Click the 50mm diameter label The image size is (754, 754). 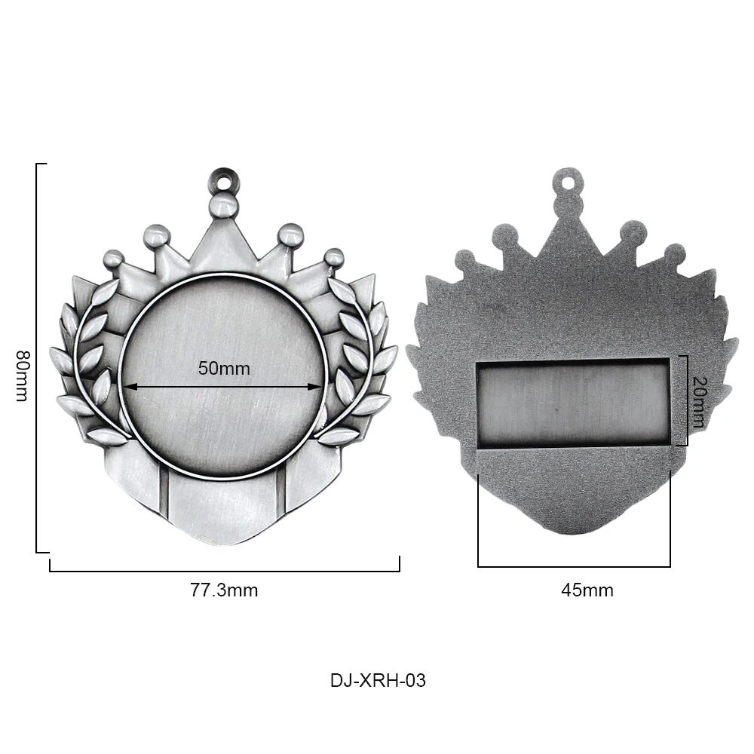click(223, 369)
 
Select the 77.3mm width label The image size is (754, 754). click(223, 590)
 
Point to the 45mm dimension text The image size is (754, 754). click(587, 590)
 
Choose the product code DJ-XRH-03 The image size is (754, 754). click(378, 680)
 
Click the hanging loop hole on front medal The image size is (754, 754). click(222, 180)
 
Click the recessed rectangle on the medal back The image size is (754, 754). click(573, 403)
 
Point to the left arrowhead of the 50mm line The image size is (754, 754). click(128, 387)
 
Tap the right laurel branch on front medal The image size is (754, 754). click(358, 362)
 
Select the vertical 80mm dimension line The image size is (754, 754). click(37, 358)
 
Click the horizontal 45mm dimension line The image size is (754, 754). click(574, 566)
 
